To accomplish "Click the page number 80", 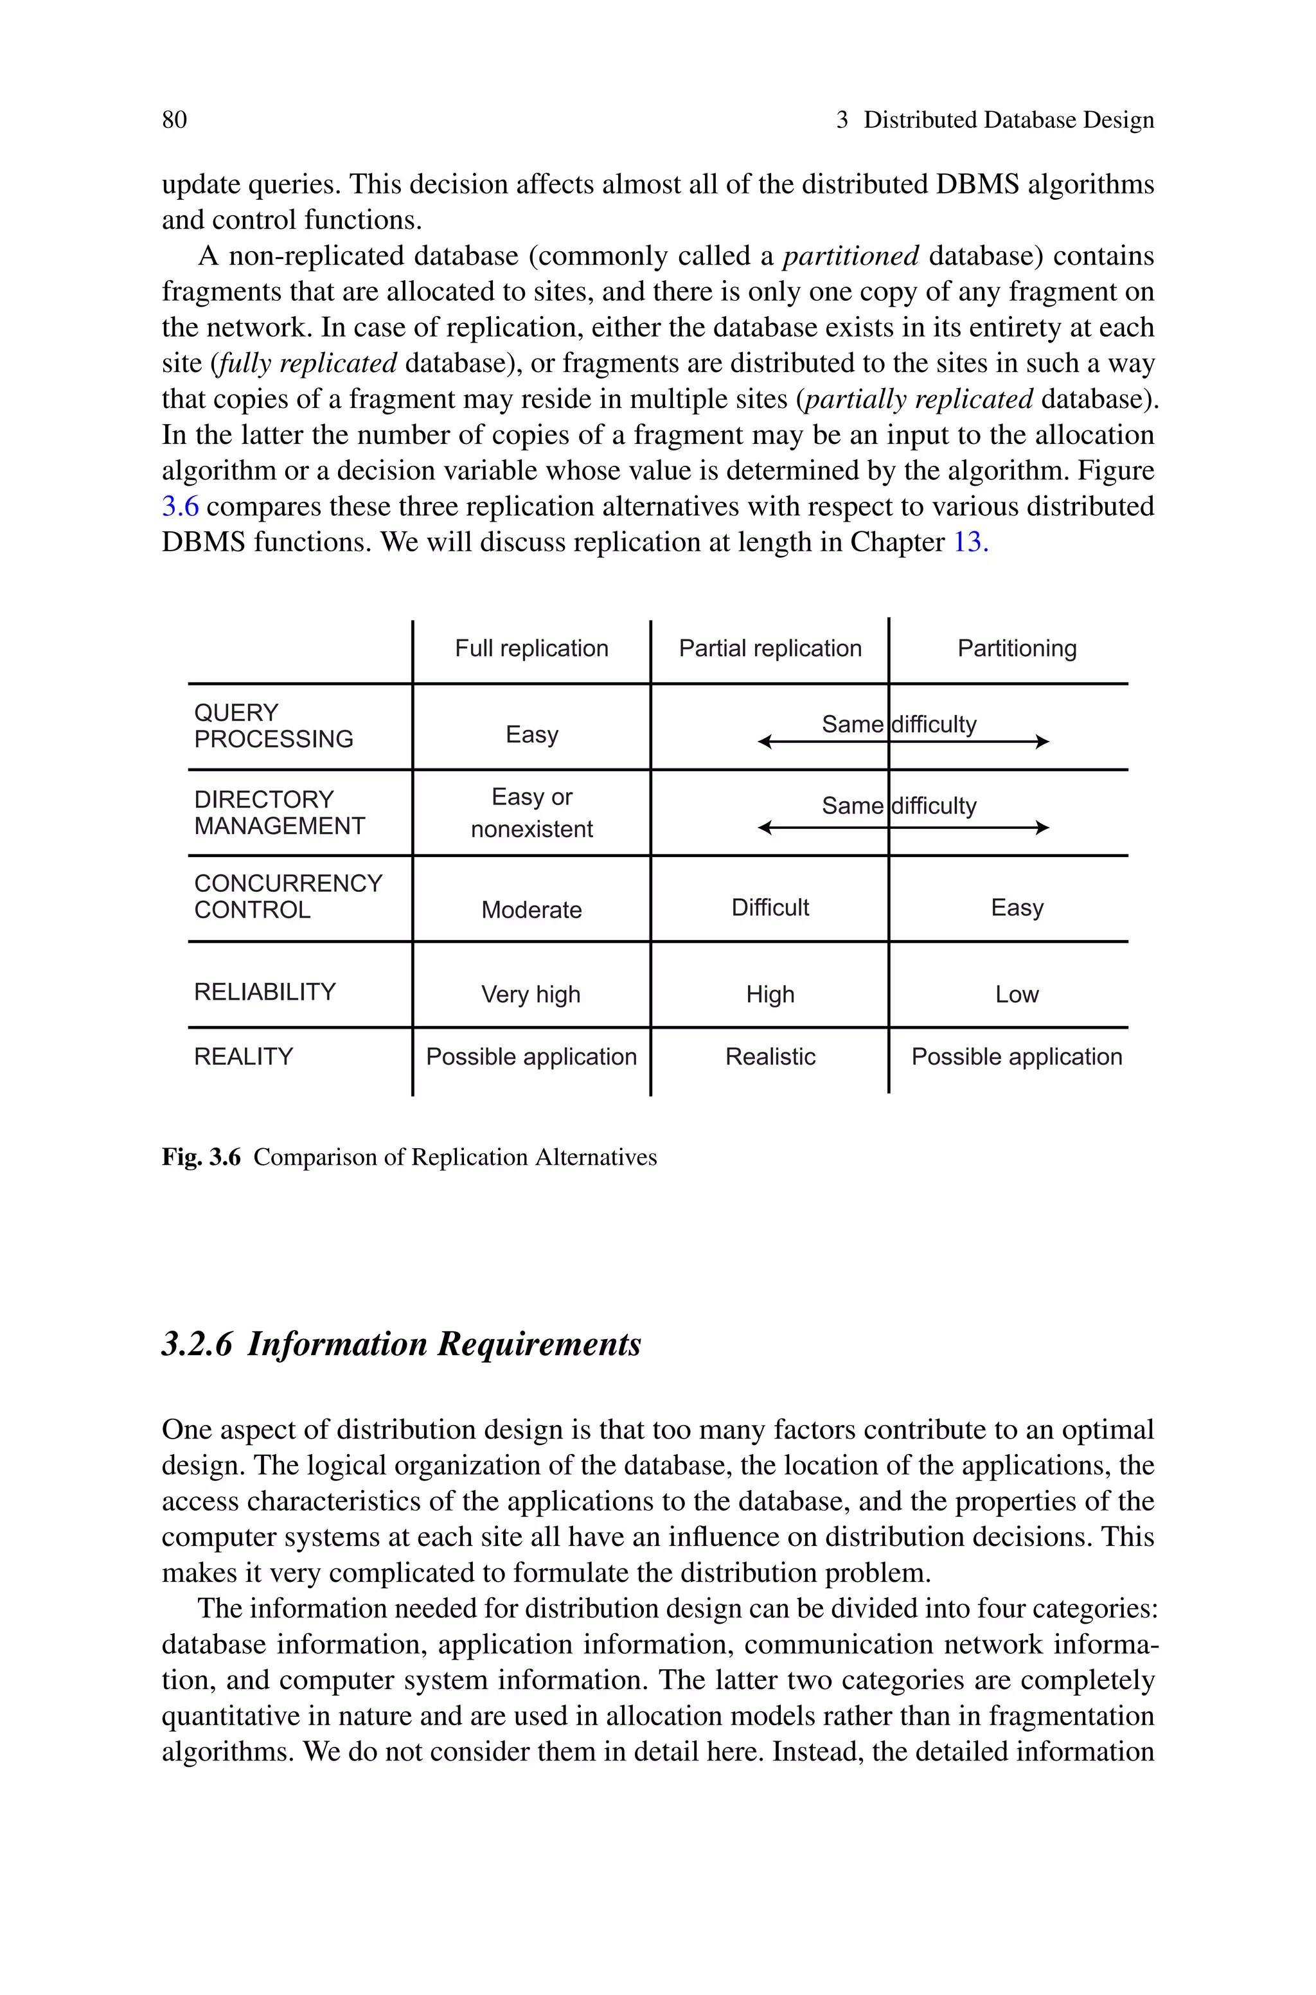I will pos(175,120).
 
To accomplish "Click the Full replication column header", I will pos(531,648).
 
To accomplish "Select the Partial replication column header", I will pos(770,648).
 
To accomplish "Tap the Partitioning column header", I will pos(1017,648).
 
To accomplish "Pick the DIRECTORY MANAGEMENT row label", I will pos(280,812).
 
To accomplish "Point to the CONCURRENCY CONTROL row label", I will pos(288,896).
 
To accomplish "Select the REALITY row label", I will pos(244,1056).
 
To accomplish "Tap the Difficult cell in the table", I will pos(770,908).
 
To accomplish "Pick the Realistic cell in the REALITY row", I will pos(770,1057).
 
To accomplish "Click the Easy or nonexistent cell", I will pos(531,812).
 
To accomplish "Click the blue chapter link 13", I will pos(970,542).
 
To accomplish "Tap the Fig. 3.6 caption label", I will pos(200,1158).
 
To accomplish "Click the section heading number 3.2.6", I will pos(197,1344).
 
